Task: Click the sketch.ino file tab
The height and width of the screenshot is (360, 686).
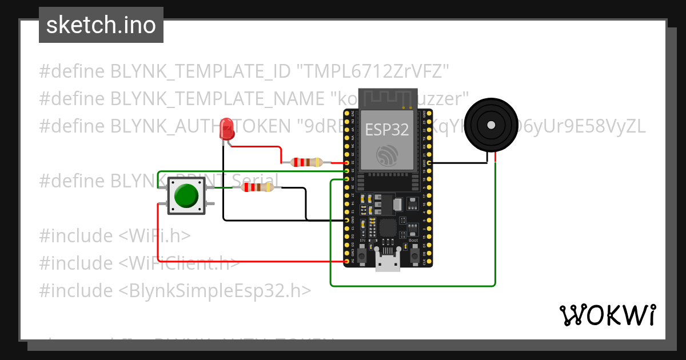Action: click(x=101, y=25)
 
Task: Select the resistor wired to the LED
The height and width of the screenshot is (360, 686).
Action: click(x=306, y=162)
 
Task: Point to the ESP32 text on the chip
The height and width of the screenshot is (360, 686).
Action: click(x=387, y=130)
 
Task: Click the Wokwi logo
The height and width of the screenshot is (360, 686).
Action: click(x=607, y=315)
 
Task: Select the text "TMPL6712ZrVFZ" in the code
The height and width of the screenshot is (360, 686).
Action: click(x=373, y=71)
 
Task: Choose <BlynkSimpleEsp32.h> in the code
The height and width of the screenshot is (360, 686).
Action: click(x=215, y=291)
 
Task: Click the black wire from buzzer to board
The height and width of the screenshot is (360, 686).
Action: click(x=457, y=163)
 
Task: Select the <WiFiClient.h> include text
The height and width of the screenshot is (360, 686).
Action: click(x=179, y=263)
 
